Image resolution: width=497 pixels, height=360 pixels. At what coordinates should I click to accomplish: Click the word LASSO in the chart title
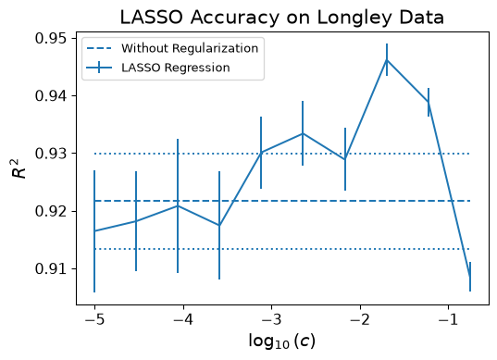tap(152, 18)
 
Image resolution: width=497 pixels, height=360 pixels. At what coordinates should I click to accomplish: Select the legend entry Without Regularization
tap(190, 48)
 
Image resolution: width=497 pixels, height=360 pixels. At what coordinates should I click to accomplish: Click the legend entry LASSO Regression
tap(176, 68)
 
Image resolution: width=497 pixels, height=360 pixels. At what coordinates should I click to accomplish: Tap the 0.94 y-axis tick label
tap(51, 95)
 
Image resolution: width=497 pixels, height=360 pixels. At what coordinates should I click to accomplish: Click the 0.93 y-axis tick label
tap(51, 154)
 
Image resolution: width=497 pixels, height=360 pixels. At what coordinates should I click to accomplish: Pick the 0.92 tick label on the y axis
tap(51, 211)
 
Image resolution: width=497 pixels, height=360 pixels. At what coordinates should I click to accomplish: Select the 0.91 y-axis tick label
tap(51, 268)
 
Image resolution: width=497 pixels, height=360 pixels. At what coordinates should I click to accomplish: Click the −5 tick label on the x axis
tap(94, 320)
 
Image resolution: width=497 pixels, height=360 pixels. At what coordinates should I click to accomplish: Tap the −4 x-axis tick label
tap(183, 320)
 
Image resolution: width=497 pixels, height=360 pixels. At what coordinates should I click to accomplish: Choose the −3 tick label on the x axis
tap(272, 320)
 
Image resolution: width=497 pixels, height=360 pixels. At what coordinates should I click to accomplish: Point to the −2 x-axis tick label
tap(360, 320)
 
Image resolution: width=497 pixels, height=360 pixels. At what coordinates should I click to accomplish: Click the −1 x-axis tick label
tap(449, 320)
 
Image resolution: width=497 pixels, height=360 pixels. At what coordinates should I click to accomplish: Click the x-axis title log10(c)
tap(281, 341)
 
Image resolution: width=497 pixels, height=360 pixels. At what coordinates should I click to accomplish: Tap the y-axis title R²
tap(19, 168)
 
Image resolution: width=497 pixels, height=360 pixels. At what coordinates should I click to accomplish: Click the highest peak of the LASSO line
tap(387, 59)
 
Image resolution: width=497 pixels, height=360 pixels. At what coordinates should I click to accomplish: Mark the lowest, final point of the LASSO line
tap(470, 277)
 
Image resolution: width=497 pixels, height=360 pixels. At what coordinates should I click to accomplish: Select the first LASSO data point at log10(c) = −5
tap(94, 230)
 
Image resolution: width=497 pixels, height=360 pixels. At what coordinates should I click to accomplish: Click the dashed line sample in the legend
tap(99, 48)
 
